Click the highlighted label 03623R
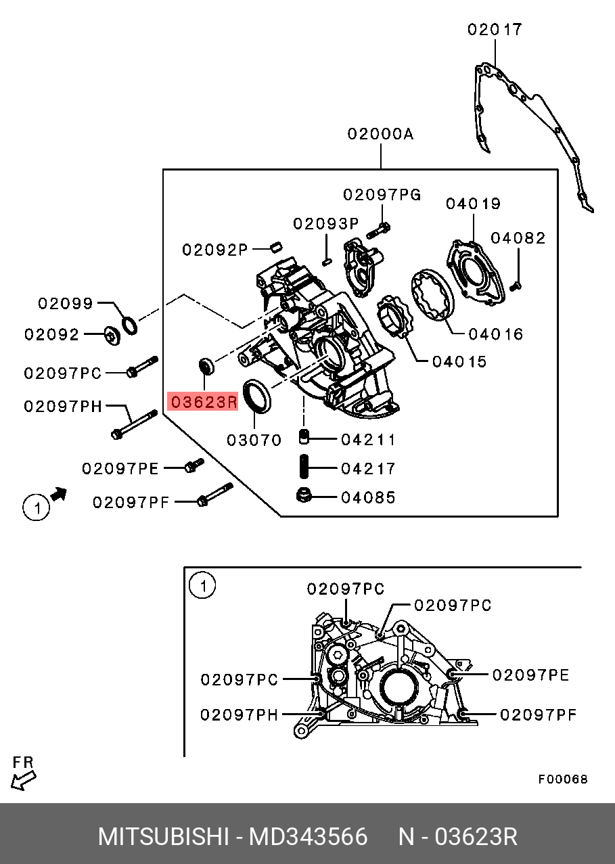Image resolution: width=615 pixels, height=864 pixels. (x=204, y=402)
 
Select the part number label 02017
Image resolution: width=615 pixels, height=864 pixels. (x=495, y=30)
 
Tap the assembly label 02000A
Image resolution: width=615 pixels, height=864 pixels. (x=380, y=134)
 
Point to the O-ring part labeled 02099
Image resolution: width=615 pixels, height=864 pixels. (x=130, y=325)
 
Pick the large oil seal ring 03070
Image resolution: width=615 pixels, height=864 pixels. (x=257, y=396)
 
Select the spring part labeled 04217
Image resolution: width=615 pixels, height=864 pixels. (x=304, y=466)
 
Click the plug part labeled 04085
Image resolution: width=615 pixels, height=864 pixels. (x=304, y=495)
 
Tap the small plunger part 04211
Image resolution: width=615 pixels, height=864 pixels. (x=304, y=436)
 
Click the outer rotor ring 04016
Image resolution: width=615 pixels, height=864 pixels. (x=433, y=295)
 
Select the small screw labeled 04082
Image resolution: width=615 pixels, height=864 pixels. (x=516, y=286)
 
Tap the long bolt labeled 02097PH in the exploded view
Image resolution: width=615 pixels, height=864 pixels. (x=134, y=425)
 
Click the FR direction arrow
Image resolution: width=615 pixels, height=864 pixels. (x=23, y=780)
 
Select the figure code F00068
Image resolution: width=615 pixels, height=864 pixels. (x=563, y=779)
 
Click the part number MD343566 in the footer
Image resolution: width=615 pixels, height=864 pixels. (x=309, y=837)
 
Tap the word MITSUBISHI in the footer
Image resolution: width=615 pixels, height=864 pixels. (x=164, y=837)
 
